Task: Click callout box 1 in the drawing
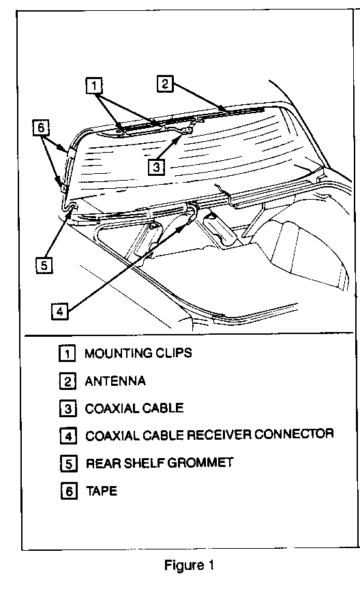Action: point(94,86)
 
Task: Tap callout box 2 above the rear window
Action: point(164,83)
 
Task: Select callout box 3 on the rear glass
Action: point(156,166)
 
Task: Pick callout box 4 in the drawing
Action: point(60,311)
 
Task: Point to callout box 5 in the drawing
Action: point(44,265)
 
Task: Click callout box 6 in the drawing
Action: point(41,127)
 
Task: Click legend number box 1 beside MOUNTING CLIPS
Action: point(67,353)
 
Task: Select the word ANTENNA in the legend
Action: point(115,381)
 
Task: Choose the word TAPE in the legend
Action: point(102,491)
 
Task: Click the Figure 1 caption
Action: point(189,565)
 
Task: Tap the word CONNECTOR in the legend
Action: point(295,434)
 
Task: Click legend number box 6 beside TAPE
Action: point(69,491)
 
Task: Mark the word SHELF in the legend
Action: point(145,463)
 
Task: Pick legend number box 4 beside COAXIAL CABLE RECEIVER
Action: point(68,436)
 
